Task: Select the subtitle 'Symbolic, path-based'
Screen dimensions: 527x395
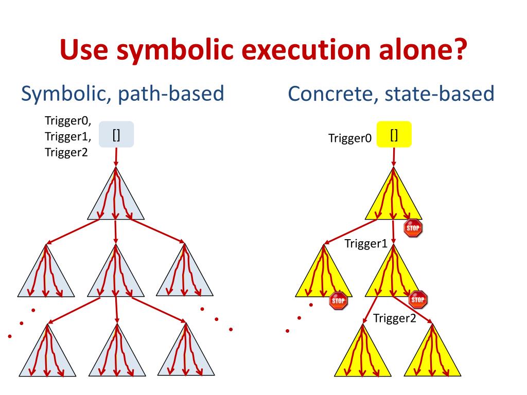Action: click(122, 94)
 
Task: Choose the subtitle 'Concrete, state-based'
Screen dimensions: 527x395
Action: click(391, 94)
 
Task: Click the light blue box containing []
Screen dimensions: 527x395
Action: click(116, 135)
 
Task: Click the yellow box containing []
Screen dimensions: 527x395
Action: click(394, 135)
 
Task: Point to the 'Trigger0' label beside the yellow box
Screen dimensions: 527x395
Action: click(350, 138)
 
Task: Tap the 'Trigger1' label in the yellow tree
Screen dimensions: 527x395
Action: click(365, 244)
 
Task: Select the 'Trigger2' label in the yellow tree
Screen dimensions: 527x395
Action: click(394, 318)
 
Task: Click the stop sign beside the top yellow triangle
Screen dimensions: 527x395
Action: click(413, 227)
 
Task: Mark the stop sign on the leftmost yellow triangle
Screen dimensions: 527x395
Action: click(338, 300)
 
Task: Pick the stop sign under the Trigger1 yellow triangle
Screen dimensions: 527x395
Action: click(418, 299)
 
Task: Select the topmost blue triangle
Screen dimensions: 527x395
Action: click(116, 201)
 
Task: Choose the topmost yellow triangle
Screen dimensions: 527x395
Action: click(394, 201)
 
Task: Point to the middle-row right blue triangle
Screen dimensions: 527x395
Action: click(185, 275)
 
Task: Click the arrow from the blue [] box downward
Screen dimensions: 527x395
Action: click(116, 156)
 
